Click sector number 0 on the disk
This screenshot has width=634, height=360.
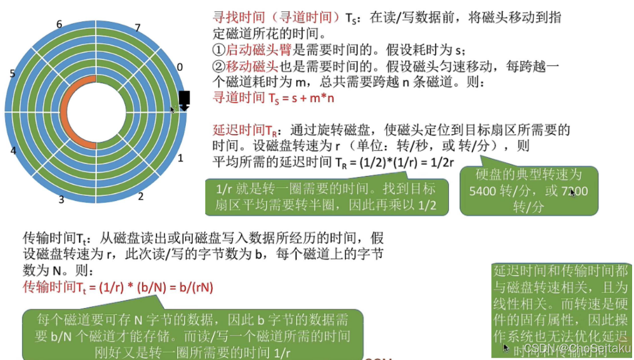(x=180, y=66)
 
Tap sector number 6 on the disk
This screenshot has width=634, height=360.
(x=59, y=24)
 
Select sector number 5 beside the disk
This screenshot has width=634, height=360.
(x=13, y=74)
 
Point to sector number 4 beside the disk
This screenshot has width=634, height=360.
(x=13, y=151)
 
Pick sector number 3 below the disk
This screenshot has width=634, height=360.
(x=61, y=200)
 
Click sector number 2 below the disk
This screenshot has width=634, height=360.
(x=140, y=197)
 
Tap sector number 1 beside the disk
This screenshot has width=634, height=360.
(x=180, y=158)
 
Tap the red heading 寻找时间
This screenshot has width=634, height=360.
(x=242, y=19)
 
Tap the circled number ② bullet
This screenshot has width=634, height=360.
(x=219, y=66)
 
